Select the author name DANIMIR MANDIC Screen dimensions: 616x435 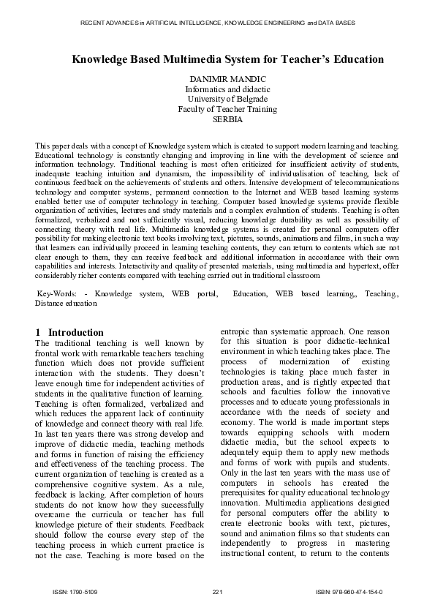coord(217,78)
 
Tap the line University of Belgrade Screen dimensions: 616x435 coord(217,99)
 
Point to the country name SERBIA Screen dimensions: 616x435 coord(217,119)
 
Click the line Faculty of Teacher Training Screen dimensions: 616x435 coord(217,109)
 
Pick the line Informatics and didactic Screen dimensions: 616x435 coord(217,89)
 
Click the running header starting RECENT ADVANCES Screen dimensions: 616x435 coord(217,23)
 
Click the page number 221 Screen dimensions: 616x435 coord(217,591)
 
